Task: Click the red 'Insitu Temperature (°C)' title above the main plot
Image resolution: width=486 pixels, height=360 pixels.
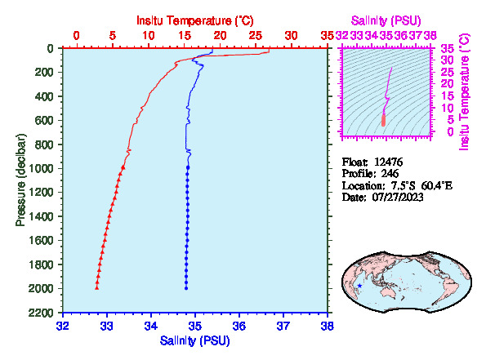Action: click(x=195, y=20)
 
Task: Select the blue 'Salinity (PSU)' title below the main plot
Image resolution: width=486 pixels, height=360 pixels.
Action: click(x=195, y=340)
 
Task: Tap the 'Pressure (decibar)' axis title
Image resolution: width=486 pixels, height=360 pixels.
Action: click(x=20, y=180)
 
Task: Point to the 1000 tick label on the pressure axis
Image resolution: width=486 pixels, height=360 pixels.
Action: click(x=41, y=168)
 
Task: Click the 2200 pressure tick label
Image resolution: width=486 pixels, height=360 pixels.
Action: click(x=41, y=313)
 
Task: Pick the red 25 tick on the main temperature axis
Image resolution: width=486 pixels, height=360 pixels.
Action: click(x=256, y=36)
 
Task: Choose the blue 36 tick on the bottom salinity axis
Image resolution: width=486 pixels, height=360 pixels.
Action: click(x=239, y=326)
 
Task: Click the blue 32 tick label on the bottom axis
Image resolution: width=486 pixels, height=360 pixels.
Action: click(x=63, y=326)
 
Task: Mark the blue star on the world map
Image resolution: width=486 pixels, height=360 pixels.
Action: click(x=359, y=286)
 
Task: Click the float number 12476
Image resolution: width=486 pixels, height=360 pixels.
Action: click(x=388, y=162)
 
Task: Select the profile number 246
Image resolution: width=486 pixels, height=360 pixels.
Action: click(x=390, y=173)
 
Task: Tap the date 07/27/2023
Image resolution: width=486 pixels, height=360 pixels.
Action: click(x=398, y=197)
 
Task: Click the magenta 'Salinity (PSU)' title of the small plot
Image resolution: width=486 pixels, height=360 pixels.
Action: click(x=386, y=20)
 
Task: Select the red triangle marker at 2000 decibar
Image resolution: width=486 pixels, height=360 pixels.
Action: click(x=96, y=288)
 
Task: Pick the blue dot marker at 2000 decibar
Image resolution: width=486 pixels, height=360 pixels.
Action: click(x=186, y=288)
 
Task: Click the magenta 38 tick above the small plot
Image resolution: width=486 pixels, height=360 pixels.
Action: click(x=430, y=36)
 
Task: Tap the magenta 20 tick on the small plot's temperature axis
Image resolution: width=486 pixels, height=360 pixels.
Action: click(x=448, y=83)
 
